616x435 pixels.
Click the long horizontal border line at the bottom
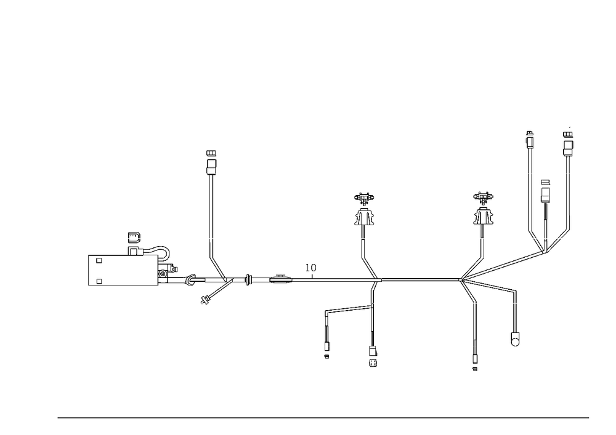pos(323,417)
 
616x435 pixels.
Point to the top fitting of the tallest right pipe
pos(529,139)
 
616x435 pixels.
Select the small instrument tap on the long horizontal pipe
pos(313,268)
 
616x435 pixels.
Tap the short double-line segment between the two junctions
pos(278,282)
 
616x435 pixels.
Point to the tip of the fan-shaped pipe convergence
pos(461,282)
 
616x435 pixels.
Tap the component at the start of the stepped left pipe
pos(132,242)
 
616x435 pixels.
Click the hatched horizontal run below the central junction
pos(348,308)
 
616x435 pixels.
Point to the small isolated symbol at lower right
pos(513,339)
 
